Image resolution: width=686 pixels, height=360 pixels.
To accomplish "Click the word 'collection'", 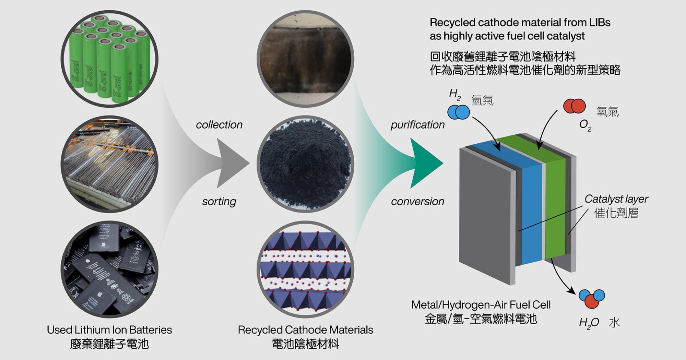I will point(219,124).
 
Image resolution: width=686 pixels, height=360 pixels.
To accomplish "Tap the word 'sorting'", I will point(219,201).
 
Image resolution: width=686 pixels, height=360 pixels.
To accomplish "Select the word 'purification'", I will point(417,124).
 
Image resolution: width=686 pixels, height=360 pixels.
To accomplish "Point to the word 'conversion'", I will point(417,201).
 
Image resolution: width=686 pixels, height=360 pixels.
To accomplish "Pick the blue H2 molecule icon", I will point(459,112).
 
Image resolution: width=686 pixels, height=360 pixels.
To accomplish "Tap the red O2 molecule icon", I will point(575,106).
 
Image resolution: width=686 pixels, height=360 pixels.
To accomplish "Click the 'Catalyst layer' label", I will point(616,199).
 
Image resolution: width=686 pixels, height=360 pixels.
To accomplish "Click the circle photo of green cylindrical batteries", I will point(109,59).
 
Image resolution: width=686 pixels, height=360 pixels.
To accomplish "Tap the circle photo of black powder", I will point(305,164).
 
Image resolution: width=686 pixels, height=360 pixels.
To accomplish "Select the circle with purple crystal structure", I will point(305,269).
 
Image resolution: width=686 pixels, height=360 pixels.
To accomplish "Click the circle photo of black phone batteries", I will point(109,269).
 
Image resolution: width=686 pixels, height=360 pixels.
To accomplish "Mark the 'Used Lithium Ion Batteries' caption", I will point(109,330).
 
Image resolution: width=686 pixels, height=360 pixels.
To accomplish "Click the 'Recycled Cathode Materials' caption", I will point(305,330).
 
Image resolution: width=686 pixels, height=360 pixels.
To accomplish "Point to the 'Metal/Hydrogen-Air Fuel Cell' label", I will point(481,305).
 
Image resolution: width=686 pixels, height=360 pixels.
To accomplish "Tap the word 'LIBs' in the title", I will point(600,23).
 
